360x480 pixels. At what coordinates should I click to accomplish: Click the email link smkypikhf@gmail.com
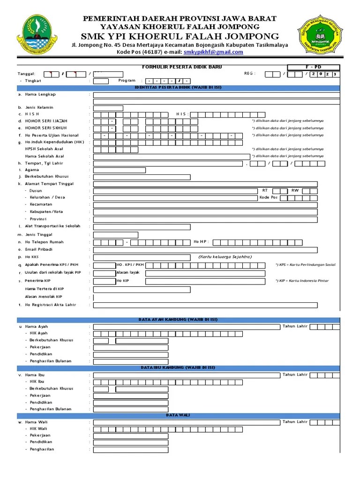(x=213, y=52)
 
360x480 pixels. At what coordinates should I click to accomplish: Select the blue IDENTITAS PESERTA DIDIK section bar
(x=178, y=87)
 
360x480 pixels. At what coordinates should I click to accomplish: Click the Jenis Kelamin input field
(x=108, y=108)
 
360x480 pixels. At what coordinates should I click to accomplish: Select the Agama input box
(x=119, y=170)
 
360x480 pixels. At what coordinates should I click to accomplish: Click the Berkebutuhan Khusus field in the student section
(x=142, y=177)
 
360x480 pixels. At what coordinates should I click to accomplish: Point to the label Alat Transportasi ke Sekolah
(x=52, y=226)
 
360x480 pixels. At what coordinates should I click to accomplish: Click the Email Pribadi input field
(x=205, y=250)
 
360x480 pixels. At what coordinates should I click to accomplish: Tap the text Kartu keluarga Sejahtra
(x=225, y=257)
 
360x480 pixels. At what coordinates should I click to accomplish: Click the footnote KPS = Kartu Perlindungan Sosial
(x=305, y=265)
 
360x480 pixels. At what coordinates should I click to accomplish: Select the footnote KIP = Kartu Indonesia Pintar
(x=302, y=281)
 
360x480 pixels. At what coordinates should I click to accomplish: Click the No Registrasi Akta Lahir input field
(x=205, y=305)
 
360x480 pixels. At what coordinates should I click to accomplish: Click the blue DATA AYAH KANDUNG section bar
(x=178, y=319)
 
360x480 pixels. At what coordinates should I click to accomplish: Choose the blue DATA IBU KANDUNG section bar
(x=178, y=367)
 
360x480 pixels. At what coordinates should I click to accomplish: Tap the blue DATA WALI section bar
(x=178, y=415)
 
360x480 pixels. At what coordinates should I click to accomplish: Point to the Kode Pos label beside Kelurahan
(x=269, y=197)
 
